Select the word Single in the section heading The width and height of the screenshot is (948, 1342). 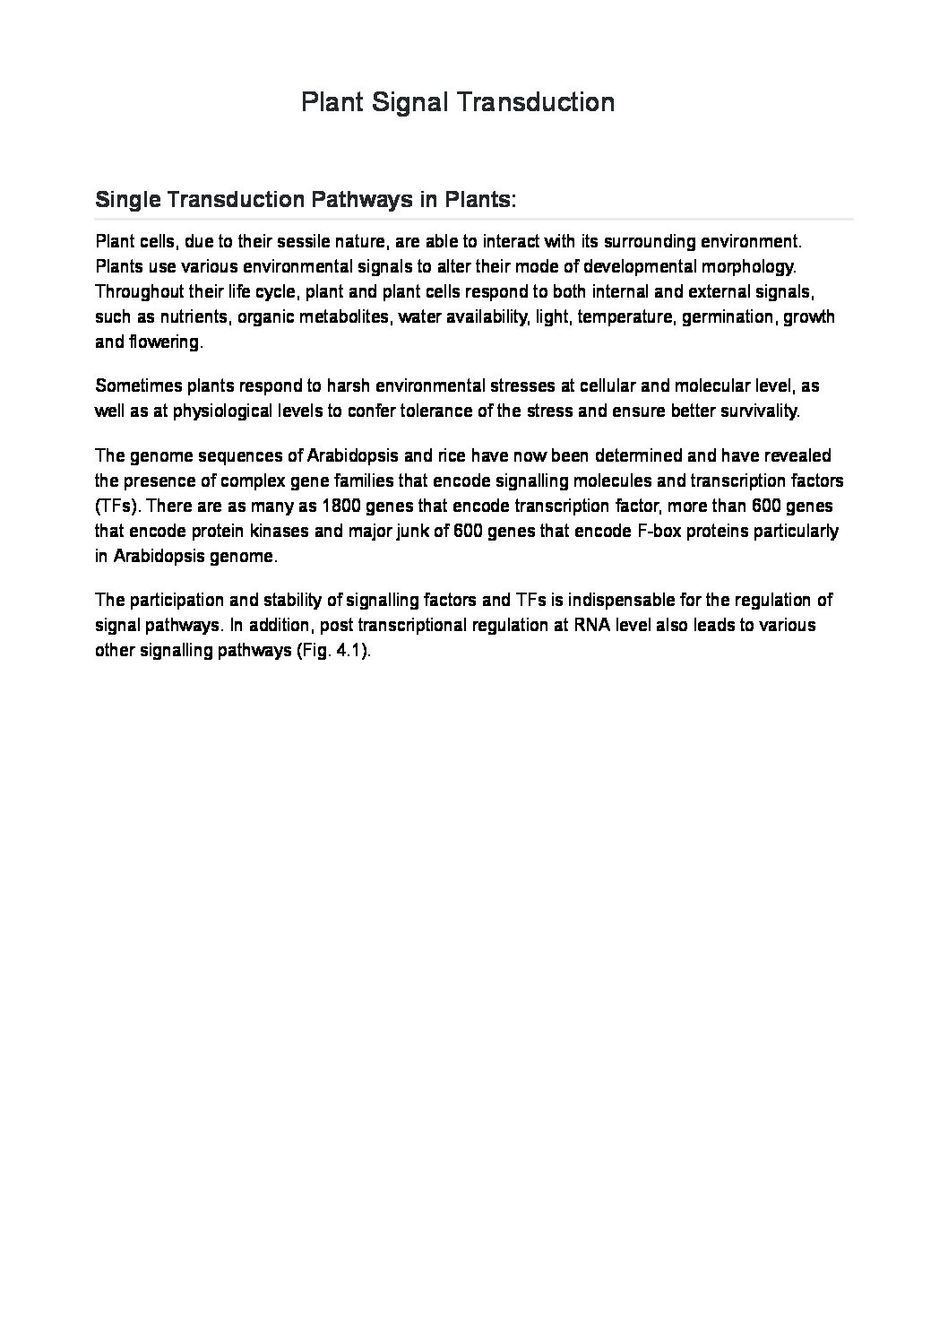(x=124, y=200)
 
